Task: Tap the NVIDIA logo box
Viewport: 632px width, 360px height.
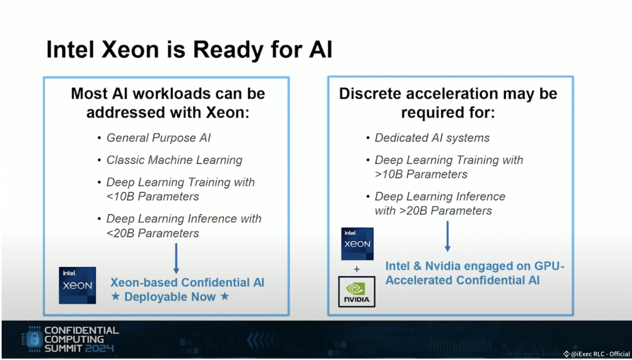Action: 357,292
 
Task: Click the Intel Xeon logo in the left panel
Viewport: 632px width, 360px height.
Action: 77,285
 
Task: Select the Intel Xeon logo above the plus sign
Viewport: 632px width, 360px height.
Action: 357,244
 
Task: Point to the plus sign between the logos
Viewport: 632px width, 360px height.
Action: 357,269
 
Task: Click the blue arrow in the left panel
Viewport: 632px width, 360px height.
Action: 176,258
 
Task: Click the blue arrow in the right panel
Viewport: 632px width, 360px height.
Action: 447,236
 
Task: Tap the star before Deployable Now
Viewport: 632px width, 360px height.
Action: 116,296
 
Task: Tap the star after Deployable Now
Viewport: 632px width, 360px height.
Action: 224,296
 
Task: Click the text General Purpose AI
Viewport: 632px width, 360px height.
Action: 159,138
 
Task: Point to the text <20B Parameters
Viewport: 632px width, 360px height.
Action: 153,233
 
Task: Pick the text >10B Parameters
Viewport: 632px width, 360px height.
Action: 421,174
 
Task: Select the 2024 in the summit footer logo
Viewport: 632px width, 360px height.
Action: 99,349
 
